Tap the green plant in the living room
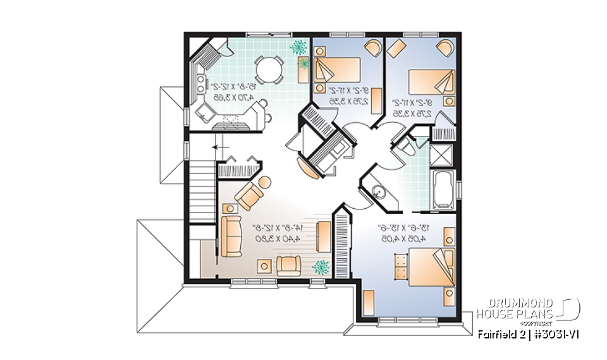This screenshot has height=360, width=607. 321,267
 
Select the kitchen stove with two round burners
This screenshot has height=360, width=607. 202,82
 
